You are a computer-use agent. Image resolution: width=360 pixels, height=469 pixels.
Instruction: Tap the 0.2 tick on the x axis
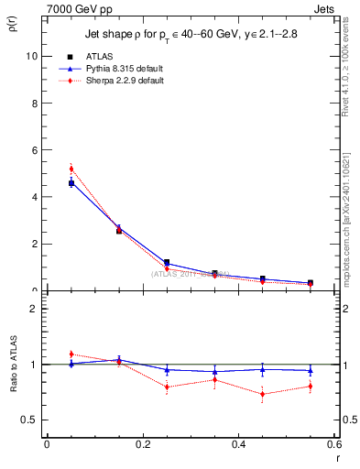(x=143, y=444)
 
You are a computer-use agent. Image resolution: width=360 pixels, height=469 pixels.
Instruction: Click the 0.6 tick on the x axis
(x=333, y=444)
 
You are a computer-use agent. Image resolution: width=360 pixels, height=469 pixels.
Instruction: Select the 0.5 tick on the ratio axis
(x=28, y=420)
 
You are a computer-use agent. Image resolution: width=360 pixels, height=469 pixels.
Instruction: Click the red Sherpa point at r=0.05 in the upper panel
(x=71, y=169)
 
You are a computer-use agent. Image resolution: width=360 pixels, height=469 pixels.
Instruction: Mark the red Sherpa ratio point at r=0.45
(x=262, y=395)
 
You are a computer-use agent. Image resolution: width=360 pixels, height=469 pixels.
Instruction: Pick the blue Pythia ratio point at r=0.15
(x=119, y=360)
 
